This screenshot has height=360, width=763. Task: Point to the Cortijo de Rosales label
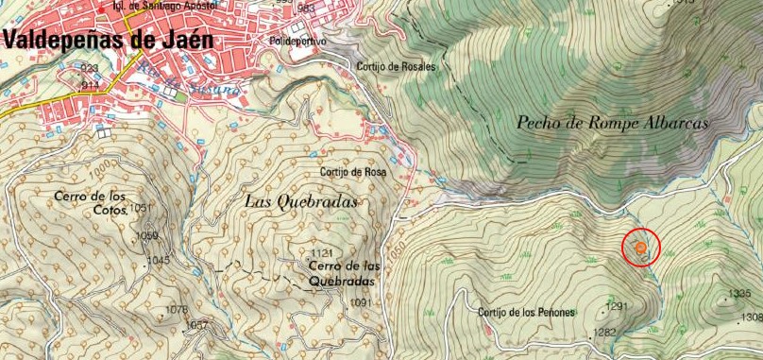pyautogui.click(x=398, y=67)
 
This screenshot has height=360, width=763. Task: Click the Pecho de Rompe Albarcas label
pyautogui.click(x=613, y=122)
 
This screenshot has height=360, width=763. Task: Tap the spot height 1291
pyautogui.click(x=617, y=306)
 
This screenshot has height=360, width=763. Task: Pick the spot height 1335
pyautogui.click(x=741, y=294)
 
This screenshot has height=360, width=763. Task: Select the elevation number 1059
pyautogui.click(x=146, y=235)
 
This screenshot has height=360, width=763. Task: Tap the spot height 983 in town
pyautogui.click(x=306, y=9)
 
